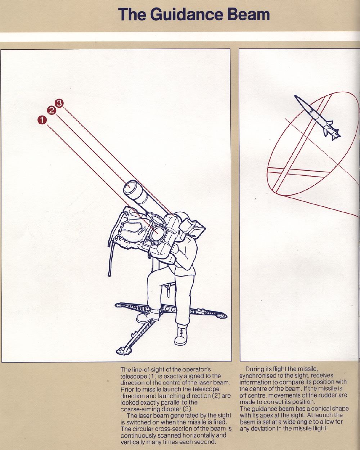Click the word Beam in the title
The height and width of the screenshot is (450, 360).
(x=248, y=14)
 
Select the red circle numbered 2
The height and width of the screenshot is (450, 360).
(x=51, y=111)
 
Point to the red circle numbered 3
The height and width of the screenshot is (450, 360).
(x=59, y=103)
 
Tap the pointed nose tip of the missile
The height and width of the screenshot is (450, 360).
(x=295, y=96)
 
